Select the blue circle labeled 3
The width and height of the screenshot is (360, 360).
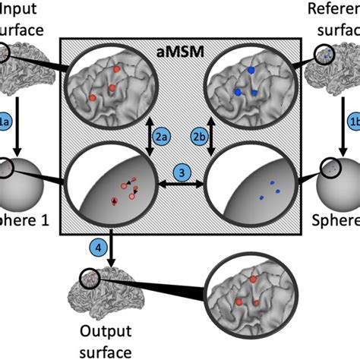point(181,172)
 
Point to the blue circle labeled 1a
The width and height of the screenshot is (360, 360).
point(5,121)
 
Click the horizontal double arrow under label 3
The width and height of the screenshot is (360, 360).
point(181,185)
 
